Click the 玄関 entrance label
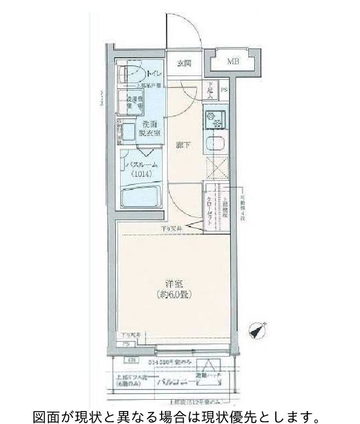[184, 63]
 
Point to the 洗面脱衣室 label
[146, 128]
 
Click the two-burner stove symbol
[215, 120]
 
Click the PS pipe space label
[224, 90]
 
